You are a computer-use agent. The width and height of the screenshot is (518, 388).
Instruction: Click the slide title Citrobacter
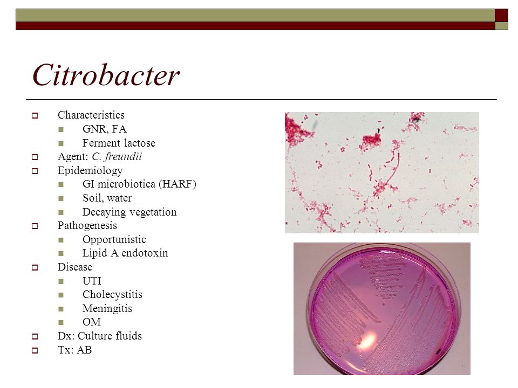point(106,75)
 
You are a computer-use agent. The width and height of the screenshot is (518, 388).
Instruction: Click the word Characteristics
point(91,115)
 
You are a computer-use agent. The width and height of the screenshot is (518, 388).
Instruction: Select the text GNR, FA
point(104,129)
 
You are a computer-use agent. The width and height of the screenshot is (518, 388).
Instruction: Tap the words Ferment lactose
point(119,143)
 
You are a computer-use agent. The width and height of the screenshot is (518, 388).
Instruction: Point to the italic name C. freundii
point(117,156)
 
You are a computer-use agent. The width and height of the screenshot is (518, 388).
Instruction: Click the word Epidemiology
point(90,171)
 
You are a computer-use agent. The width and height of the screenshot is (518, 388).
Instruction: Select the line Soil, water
point(107,198)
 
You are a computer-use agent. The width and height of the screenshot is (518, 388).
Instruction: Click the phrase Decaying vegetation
point(129,212)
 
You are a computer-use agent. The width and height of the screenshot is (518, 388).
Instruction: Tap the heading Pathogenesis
point(87,226)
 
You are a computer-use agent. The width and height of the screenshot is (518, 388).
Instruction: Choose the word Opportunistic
point(114,239)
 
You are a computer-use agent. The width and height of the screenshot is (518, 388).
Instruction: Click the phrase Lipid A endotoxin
point(125,253)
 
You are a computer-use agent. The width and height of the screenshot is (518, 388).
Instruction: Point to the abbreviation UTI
point(92,281)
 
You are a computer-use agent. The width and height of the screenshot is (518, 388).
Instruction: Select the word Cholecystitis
point(112,294)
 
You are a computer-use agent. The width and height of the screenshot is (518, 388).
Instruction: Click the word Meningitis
point(107,308)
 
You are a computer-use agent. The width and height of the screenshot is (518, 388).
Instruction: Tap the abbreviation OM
point(92,322)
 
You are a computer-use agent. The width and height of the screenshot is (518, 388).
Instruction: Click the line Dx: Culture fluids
point(100,336)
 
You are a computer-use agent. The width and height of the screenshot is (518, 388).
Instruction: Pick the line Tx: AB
point(74,350)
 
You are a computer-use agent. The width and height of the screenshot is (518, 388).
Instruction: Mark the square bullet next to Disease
point(35,267)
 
